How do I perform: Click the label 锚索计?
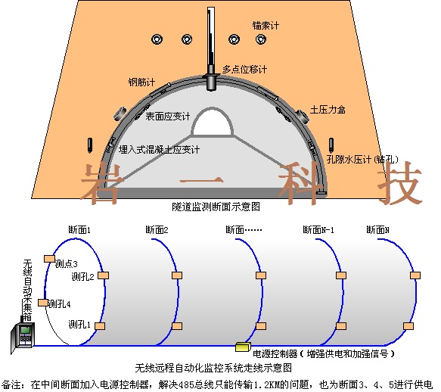[266, 26]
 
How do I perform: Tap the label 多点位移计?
[244, 69]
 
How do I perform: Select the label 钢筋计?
[141, 82]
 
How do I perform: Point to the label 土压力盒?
[328, 110]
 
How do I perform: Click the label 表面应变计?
[168, 117]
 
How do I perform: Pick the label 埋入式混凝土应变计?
[159, 150]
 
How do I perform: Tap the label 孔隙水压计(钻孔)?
[362, 159]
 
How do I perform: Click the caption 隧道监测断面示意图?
[216, 207]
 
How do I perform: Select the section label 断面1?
[79, 230]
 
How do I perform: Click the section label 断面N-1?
[318, 230]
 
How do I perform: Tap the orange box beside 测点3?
[49, 259]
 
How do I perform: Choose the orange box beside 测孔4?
[43, 303]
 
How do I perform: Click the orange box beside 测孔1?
[100, 326]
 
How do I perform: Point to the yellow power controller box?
[243, 347]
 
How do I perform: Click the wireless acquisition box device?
[23, 336]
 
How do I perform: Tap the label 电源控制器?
[275, 353]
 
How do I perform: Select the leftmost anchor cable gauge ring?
[157, 39]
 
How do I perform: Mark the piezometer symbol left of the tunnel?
[90, 145]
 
